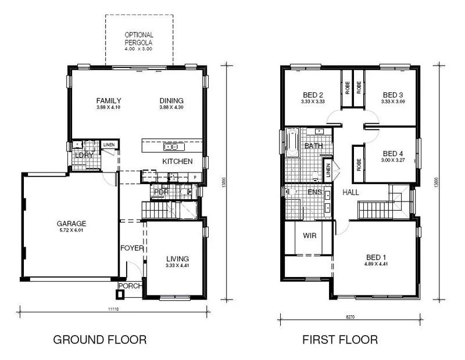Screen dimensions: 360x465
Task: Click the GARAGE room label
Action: point(71,223)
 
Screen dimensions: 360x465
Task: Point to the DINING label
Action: point(171,100)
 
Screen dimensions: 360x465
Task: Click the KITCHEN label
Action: point(177,161)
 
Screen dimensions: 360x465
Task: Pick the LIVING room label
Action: point(177,259)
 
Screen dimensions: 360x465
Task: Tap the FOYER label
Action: point(132,249)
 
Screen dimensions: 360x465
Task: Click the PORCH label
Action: point(130,286)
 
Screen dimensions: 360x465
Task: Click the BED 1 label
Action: point(376,257)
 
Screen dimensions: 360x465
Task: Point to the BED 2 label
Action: point(313,95)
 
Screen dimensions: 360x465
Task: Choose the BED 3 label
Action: point(392,95)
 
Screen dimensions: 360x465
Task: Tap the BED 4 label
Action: point(392,153)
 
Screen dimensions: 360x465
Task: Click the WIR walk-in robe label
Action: point(309,236)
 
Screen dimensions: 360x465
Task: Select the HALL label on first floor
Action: point(351,192)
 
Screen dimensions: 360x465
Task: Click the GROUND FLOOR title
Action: point(99,339)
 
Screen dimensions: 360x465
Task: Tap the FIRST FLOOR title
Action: point(340,339)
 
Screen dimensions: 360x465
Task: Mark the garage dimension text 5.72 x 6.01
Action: point(71,230)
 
